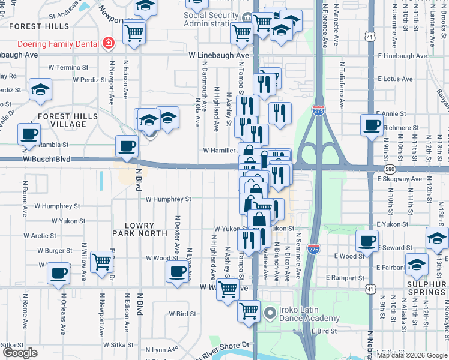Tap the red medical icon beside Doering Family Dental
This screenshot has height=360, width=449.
pos(109,43)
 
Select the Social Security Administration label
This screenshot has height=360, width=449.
pos(215,19)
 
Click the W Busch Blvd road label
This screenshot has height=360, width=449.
pos(45,160)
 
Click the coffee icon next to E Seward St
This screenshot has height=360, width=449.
pos(366,241)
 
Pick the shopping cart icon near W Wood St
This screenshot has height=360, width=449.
pos(102,262)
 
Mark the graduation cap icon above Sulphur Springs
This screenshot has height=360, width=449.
pos(416,264)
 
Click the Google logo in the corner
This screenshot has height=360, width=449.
pos(20,353)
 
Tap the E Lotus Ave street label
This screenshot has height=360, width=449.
pos(394,79)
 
